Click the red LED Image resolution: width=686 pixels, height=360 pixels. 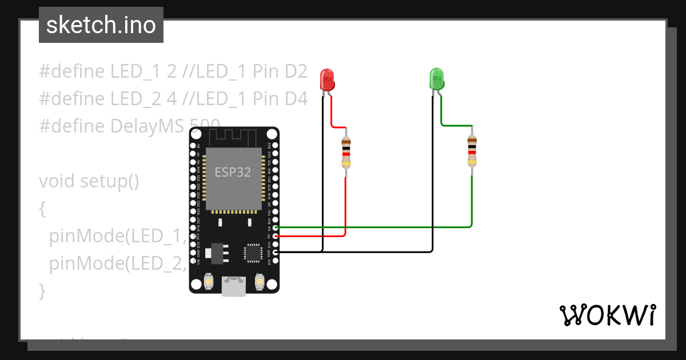[x=327, y=80]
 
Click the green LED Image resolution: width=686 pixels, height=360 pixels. [x=437, y=79]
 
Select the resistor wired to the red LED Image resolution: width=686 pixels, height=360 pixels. [x=345, y=153]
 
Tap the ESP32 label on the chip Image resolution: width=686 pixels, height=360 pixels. [x=233, y=172]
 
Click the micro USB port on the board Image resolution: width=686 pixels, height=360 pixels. [x=234, y=287]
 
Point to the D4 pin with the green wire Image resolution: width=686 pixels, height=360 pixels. [x=276, y=227]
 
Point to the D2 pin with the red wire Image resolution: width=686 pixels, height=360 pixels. [x=276, y=235]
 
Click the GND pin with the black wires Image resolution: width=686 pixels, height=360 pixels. [x=276, y=252]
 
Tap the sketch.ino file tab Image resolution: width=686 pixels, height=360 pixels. [x=101, y=25]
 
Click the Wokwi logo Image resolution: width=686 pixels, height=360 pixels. [x=607, y=315]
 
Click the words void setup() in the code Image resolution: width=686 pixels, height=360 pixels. [x=89, y=181]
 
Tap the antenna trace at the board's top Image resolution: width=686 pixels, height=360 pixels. [x=234, y=137]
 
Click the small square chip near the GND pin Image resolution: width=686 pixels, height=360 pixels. [x=252, y=252]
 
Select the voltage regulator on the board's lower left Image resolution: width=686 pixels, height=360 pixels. [x=218, y=252]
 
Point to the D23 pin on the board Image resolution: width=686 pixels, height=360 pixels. [x=276, y=145]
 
